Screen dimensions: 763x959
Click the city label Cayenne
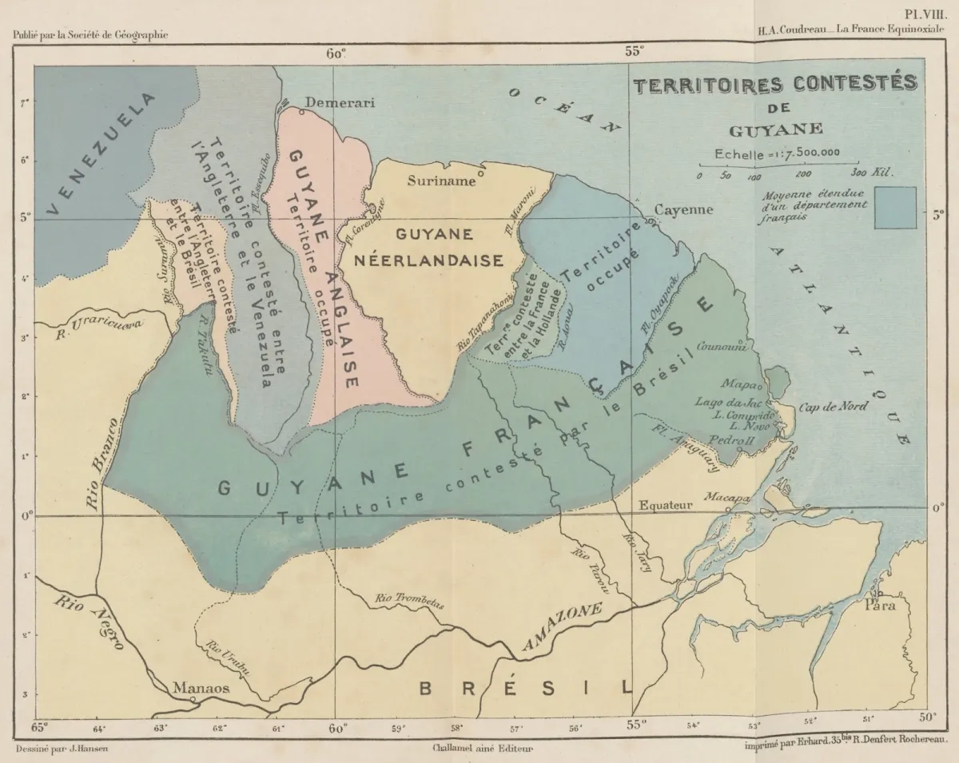pyautogui.click(x=682, y=210)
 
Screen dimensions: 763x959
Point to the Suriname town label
pyautogui.click(x=441, y=181)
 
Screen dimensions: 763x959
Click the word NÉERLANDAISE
pyautogui.click(x=449, y=260)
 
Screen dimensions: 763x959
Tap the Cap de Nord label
pyautogui.click(x=833, y=407)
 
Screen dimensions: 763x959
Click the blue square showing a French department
pyautogui.click(x=894, y=208)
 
